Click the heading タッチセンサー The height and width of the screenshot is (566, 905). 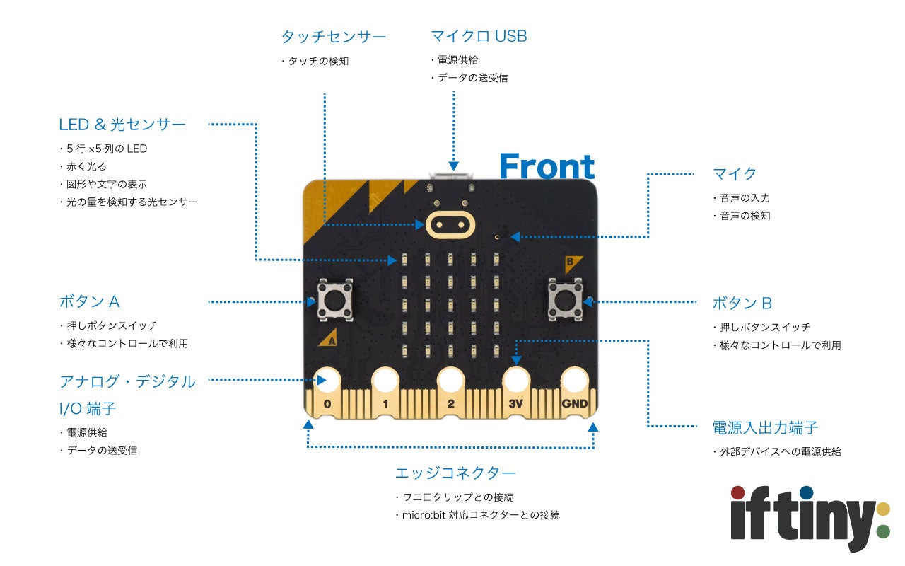point(334,37)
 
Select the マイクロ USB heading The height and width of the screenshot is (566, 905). point(479,36)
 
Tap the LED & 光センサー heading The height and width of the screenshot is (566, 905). point(122,125)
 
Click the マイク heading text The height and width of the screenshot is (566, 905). point(735,174)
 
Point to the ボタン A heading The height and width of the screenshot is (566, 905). point(90,301)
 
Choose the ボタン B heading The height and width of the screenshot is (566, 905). point(742,304)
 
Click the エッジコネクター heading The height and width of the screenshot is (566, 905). point(455,473)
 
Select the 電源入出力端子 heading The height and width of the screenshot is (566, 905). point(765,427)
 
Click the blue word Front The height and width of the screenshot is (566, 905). point(547,166)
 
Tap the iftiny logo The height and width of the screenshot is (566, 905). point(810,516)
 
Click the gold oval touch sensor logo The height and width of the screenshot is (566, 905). point(449,224)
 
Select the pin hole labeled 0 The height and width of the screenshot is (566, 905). point(326,381)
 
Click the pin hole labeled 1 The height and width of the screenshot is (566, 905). point(385,381)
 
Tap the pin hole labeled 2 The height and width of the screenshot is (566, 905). point(450,381)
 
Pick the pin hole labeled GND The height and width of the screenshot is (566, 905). point(576,381)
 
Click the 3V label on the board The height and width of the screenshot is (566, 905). point(515,405)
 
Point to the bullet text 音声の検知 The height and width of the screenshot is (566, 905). point(745,215)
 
